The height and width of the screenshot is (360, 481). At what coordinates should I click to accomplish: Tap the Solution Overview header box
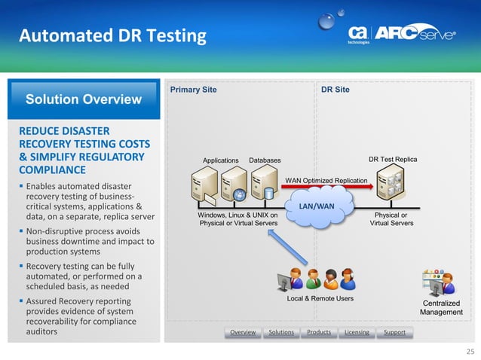pos(83,99)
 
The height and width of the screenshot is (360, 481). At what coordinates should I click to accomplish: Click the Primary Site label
pos(193,90)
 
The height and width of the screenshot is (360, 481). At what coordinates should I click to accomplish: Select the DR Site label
pos(335,90)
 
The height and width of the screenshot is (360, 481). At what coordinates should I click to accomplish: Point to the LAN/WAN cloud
pos(317,206)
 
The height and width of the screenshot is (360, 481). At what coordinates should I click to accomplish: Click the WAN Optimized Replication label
pos(326,181)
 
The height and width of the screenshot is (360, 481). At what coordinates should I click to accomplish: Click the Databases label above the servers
pos(265,160)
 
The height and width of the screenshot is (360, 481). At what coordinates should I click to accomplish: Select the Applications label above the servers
pos(220,160)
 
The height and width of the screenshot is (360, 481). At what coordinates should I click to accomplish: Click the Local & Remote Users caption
pos(320,298)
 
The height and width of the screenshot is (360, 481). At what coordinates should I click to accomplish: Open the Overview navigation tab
pos(243,332)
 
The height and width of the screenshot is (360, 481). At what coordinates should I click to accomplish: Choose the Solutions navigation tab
pos(281,332)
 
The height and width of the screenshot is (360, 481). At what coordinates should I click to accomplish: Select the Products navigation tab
pos(319,332)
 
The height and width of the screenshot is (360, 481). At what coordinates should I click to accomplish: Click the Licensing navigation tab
pos(357,332)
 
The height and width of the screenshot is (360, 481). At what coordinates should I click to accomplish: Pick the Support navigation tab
pos(394,332)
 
